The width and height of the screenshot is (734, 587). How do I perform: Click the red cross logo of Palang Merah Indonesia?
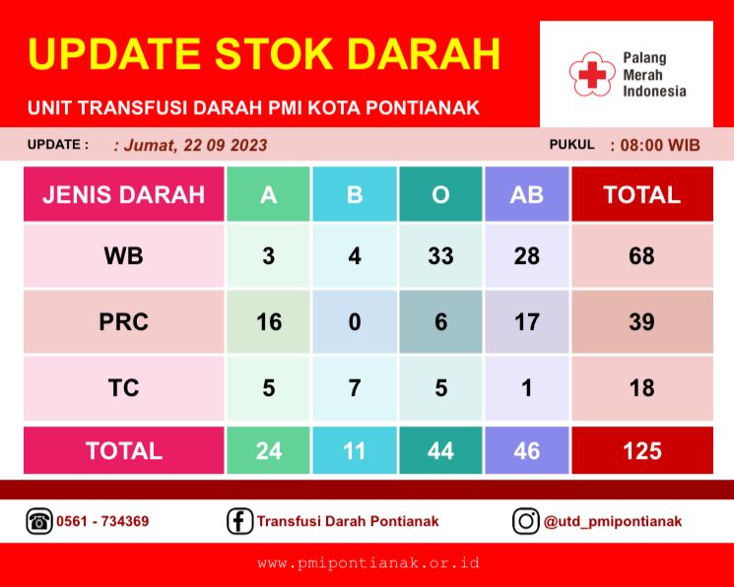pos(592,74)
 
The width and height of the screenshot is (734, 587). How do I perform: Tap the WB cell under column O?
pos(440,256)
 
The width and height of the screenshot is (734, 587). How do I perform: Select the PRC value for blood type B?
pos(355,322)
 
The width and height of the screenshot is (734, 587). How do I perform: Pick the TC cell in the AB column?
pos(527,388)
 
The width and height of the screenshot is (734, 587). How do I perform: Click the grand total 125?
pos(642,450)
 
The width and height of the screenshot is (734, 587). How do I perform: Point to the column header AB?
pos(527,194)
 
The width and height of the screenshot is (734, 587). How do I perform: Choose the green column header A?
pos(268,194)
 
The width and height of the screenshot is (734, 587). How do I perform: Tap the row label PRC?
pos(123,322)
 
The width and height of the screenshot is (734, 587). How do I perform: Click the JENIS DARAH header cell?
pos(123,194)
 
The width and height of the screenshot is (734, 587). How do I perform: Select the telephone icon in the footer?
pos(38,521)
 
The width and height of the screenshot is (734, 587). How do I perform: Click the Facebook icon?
pos(239,521)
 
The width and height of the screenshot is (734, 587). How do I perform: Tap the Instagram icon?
pos(526,521)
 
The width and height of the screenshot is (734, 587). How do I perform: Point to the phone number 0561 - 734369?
pos(102,521)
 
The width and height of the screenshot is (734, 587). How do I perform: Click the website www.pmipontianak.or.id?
pos(368,562)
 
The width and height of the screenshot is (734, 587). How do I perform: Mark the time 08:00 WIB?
pos(660,145)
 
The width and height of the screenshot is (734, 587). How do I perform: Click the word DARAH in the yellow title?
pos(424,53)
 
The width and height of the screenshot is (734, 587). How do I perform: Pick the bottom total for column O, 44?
pos(440,450)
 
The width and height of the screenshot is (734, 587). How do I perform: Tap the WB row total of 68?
pos(642,256)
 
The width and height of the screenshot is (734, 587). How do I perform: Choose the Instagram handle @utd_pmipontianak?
pos(612,521)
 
